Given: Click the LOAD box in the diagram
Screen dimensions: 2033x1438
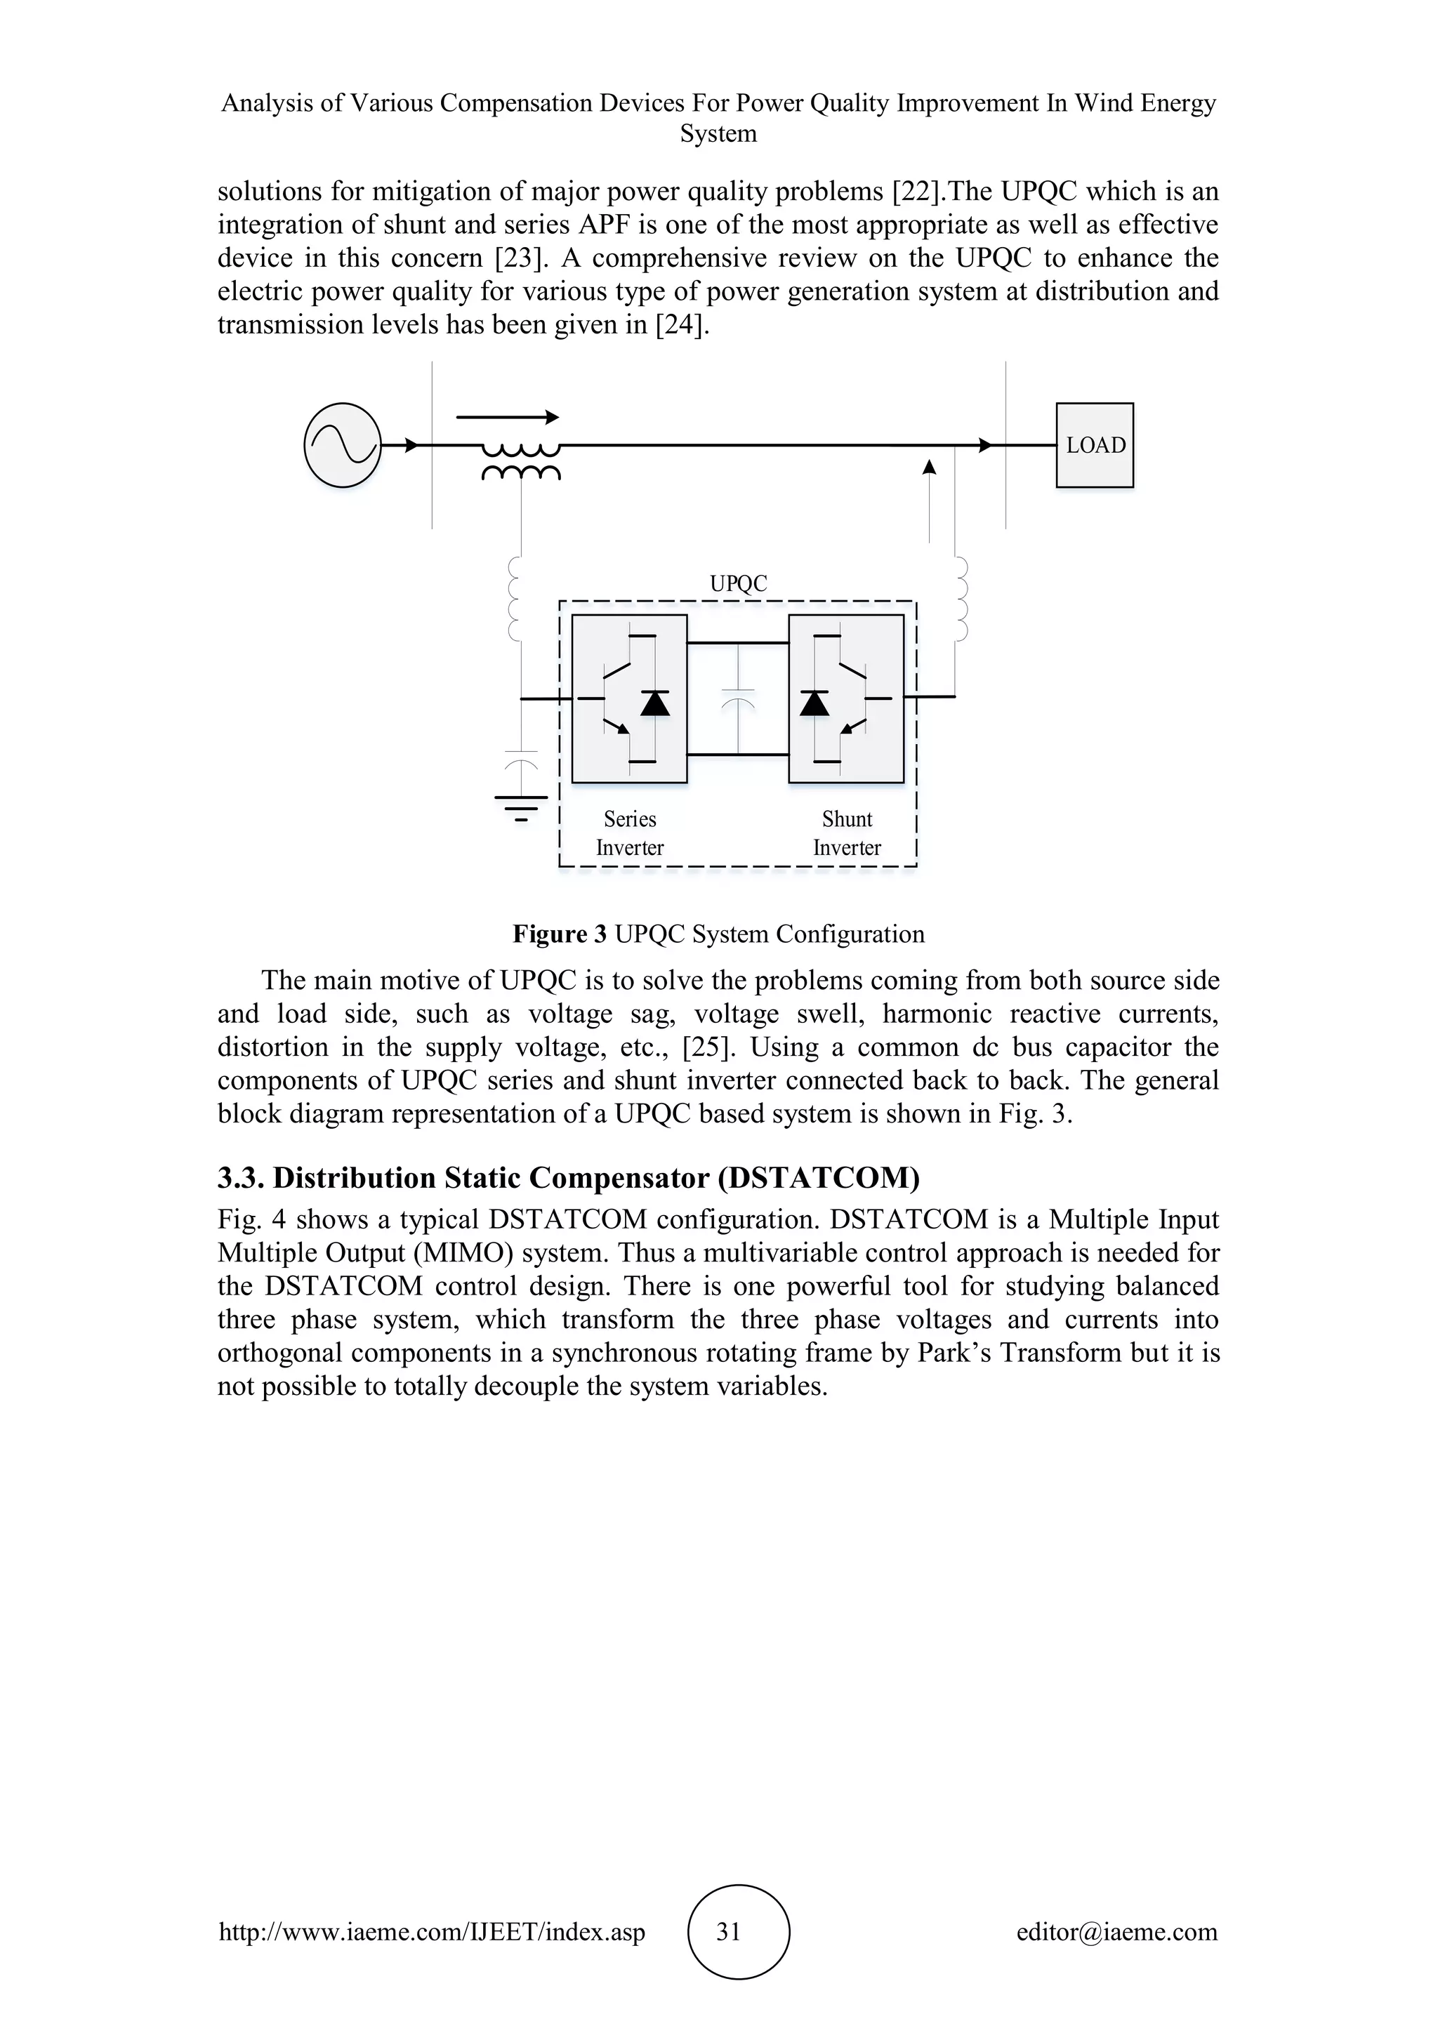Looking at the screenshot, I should (x=1095, y=445).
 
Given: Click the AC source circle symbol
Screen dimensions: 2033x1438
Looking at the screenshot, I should (x=342, y=445).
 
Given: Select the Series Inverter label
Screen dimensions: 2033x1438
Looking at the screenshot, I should (x=630, y=833).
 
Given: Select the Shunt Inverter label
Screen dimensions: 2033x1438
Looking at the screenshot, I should (x=847, y=833).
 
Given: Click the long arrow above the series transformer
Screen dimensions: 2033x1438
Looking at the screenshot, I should (x=508, y=417).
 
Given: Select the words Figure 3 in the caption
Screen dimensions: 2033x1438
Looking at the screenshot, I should (x=560, y=934).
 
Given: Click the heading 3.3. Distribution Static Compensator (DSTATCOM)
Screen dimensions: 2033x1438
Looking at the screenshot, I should (x=569, y=1178).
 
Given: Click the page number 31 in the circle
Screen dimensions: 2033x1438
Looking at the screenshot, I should (x=728, y=1931).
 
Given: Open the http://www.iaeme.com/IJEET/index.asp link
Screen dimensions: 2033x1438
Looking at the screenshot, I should (x=432, y=1931).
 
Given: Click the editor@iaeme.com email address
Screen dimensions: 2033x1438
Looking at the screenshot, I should (x=1116, y=1931).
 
